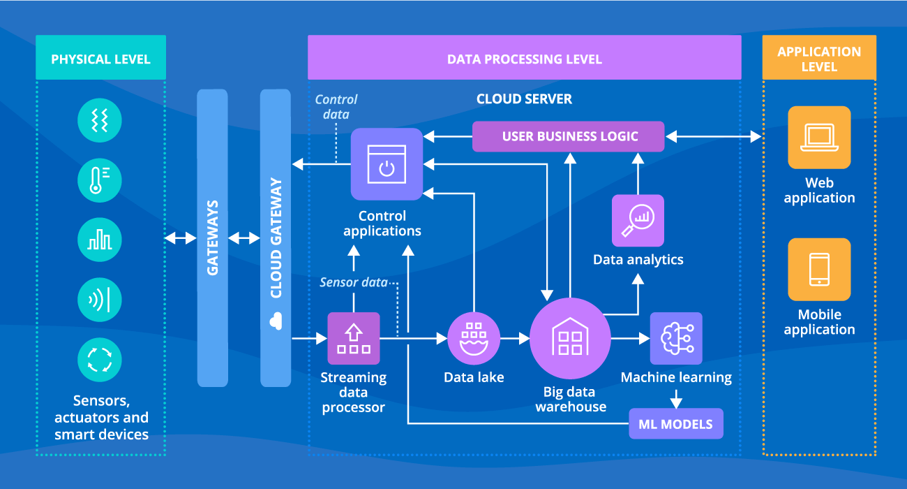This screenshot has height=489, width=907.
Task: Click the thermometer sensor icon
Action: coord(100,180)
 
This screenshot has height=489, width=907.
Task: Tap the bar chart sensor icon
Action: coord(100,240)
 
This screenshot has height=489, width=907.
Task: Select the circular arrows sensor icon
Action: coord(100,360)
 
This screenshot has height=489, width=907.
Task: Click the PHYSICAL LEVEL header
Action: coord(100,59)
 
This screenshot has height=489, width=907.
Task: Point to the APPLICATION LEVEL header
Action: coord(819,59)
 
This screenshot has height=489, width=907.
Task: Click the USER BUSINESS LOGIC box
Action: coord(569,136)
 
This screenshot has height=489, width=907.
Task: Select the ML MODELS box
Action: coord(675,424)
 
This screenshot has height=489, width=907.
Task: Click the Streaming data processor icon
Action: coord(354,339)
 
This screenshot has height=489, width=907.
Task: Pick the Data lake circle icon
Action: coord(474,339)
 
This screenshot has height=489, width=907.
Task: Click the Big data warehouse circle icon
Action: coord(570,339)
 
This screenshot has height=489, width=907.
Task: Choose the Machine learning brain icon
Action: coord(676,339)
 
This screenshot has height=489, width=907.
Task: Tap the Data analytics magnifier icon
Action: coord(638,221)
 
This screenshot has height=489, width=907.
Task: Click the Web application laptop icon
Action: coord(819,138)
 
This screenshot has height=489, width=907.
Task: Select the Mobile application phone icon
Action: coord(819,270)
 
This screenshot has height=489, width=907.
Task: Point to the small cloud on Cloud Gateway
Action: coord(275,321)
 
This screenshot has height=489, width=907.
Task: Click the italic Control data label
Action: coord(336,107)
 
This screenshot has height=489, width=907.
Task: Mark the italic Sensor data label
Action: coord(353,282)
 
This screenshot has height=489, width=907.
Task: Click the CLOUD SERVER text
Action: coord(524,99)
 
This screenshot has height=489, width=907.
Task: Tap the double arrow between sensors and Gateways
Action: coord(181,238)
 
